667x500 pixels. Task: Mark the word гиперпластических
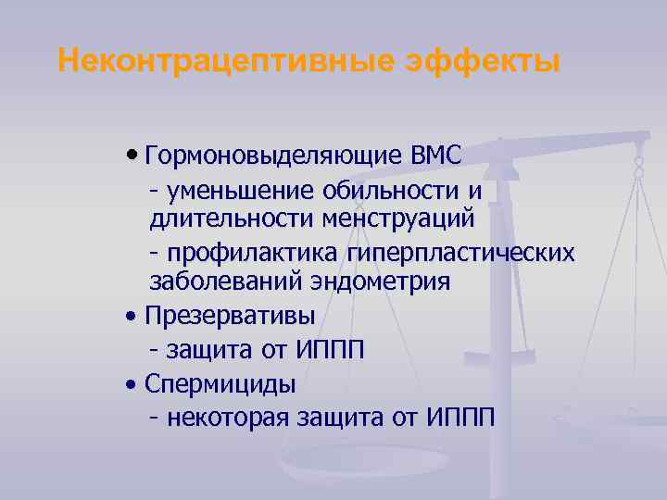pyautogui.click(x=459, y=253)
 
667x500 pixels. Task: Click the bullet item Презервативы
pyautogui.click(x=230, y=315)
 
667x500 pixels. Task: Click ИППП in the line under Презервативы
pyautogui.click(x=331, y=350)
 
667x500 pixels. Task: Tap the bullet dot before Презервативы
pyautogui.click(x=134, y=316)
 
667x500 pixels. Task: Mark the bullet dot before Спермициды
pyautogui.click(x=134, y=382)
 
